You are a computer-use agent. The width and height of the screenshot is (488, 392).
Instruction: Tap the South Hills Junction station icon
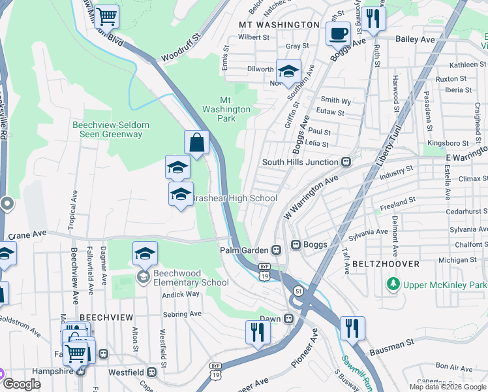347,161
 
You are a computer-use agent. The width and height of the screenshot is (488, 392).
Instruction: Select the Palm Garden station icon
277,250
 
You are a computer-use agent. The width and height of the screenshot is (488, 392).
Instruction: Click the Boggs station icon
295,244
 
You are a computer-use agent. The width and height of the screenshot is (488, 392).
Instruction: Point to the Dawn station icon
288,318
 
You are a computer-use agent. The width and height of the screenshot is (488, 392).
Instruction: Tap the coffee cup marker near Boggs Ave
338,33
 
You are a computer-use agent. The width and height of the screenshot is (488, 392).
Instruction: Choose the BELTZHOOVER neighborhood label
380,263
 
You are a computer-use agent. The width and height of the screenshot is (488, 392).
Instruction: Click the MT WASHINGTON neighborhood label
279,24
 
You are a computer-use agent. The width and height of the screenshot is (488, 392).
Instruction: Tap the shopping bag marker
197,141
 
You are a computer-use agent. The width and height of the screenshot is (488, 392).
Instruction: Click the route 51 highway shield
297,290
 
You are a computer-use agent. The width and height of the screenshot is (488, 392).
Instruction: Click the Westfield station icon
151,372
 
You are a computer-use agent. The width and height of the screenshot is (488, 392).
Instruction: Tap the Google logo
21,384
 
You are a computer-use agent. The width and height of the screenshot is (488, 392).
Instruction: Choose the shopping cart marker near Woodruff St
106,16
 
